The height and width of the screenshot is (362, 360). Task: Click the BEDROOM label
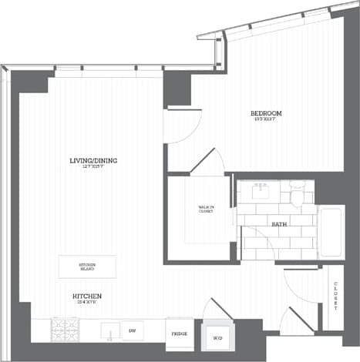click(267, 113)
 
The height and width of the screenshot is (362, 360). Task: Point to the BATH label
click(278, 224)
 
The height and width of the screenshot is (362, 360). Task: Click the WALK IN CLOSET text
click(206, 209)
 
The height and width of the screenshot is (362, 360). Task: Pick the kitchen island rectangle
click(87, 266)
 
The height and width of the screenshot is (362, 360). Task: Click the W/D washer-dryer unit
click(216, 337)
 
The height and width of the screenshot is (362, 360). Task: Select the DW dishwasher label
click(132, 331)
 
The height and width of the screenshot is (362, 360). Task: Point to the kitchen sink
click(109, 329)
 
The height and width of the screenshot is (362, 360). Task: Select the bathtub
click(331, 231)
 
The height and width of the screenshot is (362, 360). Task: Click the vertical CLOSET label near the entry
click(336, 296)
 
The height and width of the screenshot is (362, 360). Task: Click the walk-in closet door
click(207, 162)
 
